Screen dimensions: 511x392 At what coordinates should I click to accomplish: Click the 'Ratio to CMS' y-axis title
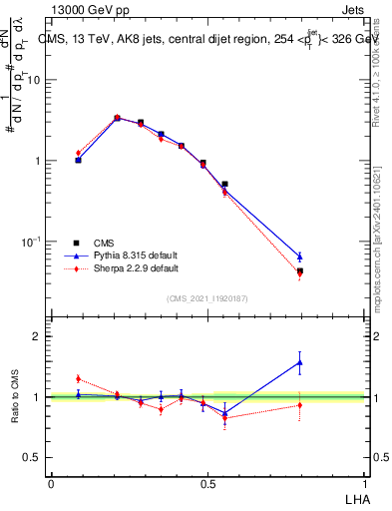click(x=16, y=397)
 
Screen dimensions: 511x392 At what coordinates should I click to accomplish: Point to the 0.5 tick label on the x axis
click(x=207, y=482)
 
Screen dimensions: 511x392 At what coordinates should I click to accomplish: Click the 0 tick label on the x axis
click(x=51, y=482)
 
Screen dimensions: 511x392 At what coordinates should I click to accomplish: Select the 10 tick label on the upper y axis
click(x=33, y=80)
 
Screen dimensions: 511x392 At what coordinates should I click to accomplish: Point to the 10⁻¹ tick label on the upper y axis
click(x=31, y=242)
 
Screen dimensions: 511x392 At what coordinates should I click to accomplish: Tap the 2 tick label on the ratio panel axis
click(x=37, y=336)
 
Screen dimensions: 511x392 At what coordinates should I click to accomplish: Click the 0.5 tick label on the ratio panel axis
click(x=32, y=457)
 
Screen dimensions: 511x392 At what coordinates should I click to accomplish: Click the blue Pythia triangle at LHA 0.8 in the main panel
click(x=299, y=256)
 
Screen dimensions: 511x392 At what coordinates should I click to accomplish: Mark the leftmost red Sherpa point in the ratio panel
click(x=78, y=378)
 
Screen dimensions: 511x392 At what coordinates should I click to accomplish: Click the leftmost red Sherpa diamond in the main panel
click(x=78, y=153)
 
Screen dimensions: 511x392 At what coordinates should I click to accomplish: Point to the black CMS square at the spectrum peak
click(x=117, y=118)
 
